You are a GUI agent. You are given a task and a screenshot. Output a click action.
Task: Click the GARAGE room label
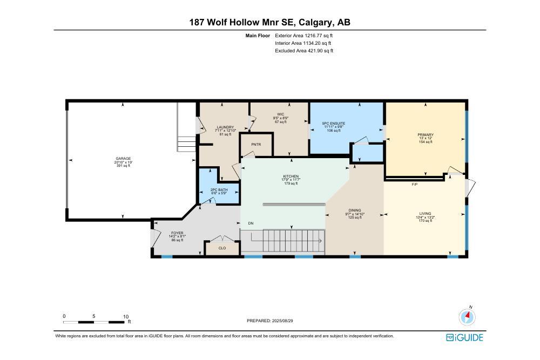click(x=123, y=159)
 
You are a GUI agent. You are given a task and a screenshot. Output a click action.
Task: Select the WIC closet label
click(x=280, y=114)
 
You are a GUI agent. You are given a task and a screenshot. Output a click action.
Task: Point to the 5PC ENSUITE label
click(x=334, y=124)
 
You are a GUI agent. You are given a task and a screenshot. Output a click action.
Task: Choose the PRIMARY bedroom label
click(x=425, y=135)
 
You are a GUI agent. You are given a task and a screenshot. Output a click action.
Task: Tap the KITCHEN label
click(x=291, y=176)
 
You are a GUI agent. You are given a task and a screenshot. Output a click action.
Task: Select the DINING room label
click(x=355, y=210)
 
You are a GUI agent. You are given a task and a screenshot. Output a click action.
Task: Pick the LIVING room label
click(x=425, y=214)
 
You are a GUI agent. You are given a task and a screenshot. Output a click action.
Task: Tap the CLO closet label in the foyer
click(x=222, y=248)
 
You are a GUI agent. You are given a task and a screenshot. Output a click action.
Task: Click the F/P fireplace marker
click(x=415, y=184)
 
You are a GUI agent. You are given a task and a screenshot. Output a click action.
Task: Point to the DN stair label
click(x=251, y=223)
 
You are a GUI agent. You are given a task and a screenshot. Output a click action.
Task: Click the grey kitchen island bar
click(x=294, y=205)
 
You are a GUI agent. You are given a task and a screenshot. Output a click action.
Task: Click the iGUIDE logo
click(x=464, y=338)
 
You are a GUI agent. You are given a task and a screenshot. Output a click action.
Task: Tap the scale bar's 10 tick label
click(x=125, y=316)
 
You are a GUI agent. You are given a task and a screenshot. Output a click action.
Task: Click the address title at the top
click(x=269, y=22)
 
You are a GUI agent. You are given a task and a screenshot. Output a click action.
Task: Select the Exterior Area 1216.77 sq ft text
click(x=303, y=36)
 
